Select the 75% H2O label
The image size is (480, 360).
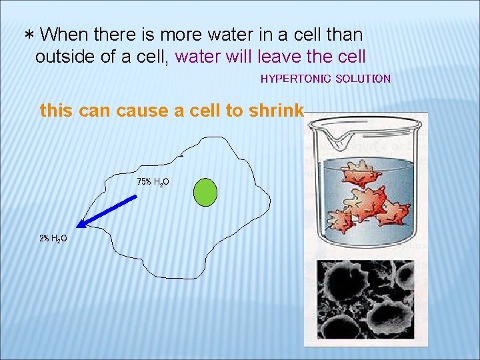coord(153,181)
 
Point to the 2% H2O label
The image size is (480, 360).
coord(53,238)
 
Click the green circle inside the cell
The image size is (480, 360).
coord(205,191)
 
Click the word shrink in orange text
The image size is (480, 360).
coord(276,111)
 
